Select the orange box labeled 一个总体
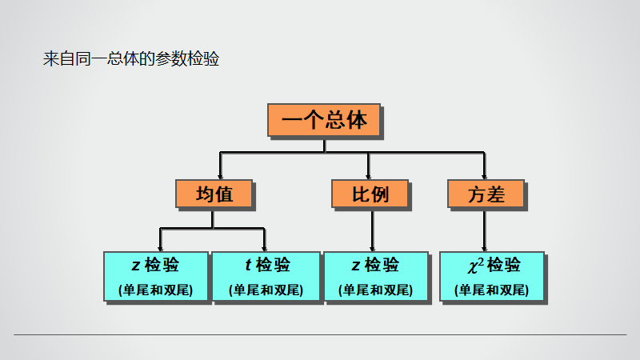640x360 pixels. coord(324,120)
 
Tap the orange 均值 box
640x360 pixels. coord(214,194)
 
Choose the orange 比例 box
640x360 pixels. coord(370,194)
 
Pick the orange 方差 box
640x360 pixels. coord(486,194)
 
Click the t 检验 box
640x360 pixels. coord(265,276)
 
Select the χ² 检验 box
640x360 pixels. coord(491,276)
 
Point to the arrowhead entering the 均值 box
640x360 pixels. coord(220,174)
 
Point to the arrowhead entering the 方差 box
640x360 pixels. coord(485,174)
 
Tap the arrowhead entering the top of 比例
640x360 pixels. coord(368,174)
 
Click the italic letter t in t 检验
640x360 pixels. coord(248,265)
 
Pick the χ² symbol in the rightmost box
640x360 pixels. coord(474,264)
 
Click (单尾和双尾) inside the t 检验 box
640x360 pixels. coord(265,290)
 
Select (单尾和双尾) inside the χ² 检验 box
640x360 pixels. coord(491,290)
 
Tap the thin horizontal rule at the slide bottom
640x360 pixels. coord(320,334)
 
